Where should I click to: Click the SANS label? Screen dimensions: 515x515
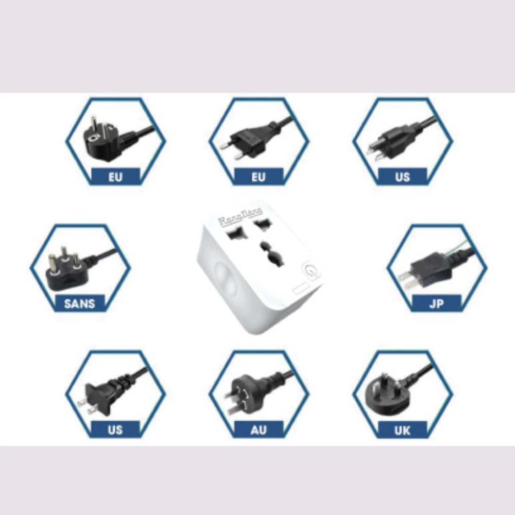80,303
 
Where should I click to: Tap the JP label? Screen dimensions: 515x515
436,303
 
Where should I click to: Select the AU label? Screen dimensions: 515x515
259,429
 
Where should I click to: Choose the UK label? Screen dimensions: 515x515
402,429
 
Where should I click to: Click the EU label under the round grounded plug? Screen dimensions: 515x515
115,177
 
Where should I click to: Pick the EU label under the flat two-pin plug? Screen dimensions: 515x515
259,177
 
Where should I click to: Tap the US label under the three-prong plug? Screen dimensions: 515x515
402,177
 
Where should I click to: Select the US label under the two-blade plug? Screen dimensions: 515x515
115,429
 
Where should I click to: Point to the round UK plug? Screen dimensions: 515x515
384,394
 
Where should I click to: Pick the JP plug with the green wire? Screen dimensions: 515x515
430,268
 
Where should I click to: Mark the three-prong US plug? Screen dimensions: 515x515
386,142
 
